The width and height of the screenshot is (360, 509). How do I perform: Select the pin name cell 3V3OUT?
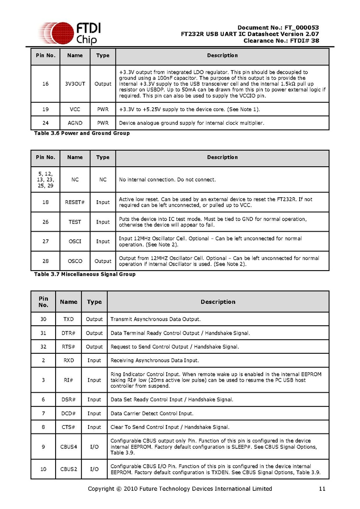75,84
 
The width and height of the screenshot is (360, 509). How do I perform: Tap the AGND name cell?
75,123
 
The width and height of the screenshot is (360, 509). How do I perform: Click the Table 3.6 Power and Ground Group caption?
82,133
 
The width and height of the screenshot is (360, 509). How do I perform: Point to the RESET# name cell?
75,202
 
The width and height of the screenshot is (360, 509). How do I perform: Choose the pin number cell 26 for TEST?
45,222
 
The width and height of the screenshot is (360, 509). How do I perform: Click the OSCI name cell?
75,241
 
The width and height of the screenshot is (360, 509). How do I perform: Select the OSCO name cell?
75,261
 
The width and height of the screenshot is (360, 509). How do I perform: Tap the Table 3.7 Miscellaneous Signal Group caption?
85,274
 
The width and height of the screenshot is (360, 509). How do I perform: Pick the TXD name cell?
68,319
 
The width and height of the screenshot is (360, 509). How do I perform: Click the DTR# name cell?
68,333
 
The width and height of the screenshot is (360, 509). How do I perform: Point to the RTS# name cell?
68,347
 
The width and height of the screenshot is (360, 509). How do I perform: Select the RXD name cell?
68,360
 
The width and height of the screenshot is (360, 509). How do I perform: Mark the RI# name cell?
68,380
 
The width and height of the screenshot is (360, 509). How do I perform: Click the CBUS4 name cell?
68,447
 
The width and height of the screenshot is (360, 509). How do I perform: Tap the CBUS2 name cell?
68,469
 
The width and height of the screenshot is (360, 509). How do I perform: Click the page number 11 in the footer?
322,489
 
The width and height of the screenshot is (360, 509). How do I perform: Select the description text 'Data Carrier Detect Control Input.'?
152,413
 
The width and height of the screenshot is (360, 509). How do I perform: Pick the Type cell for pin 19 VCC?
103,109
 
